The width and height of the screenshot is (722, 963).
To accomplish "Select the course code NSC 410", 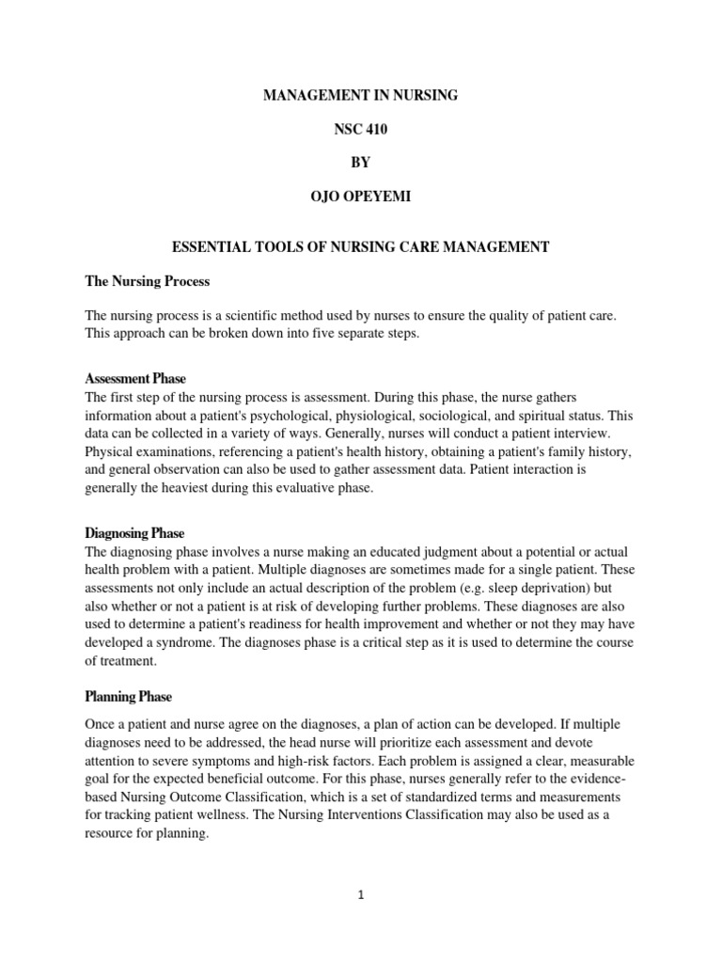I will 361,130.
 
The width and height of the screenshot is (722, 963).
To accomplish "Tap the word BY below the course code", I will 361,163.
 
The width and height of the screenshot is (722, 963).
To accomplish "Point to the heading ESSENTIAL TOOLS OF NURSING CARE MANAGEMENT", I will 361,247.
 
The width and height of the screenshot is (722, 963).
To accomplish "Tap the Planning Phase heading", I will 129,697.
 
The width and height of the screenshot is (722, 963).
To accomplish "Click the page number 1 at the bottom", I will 361,895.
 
